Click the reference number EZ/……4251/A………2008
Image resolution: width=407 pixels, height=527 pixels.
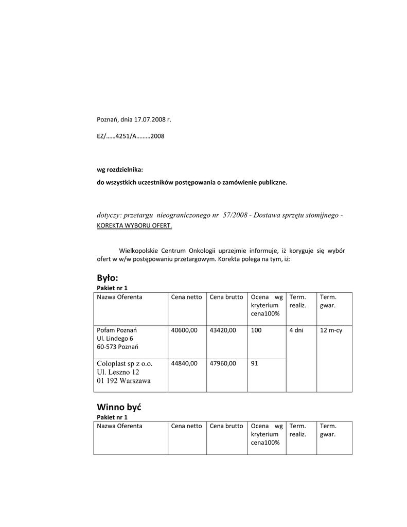(x=131, y=136)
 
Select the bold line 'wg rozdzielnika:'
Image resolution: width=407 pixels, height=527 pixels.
(x=119, y=170)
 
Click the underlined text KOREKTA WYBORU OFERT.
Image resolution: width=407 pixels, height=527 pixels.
(x=134, y=225)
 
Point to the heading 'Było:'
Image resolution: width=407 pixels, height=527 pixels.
(x=108, y=278)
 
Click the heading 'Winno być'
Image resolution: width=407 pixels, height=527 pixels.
(x=119, y=407)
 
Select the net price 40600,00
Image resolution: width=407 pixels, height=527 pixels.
(x=184, y=330)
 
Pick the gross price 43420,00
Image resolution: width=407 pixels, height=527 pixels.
(x=223, y=330)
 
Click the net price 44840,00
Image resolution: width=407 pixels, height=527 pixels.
(x=184, y=363)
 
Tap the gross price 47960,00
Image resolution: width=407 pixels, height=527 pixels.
(x=223, y=363)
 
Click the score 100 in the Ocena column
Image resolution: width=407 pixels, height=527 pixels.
(x=256, y=330)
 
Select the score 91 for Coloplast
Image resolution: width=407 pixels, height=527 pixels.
(x=255, y=363)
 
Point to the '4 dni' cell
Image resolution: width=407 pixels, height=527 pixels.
(x=296, y=330)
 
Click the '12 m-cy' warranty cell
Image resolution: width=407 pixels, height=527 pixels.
(x=331, y=330)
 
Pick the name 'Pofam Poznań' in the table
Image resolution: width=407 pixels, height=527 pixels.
(x=117, y=330)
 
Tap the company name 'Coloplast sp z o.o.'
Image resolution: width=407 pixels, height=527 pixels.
(x=125, y=363)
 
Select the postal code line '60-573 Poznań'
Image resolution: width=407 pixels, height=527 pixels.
(x=117, y=347)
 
